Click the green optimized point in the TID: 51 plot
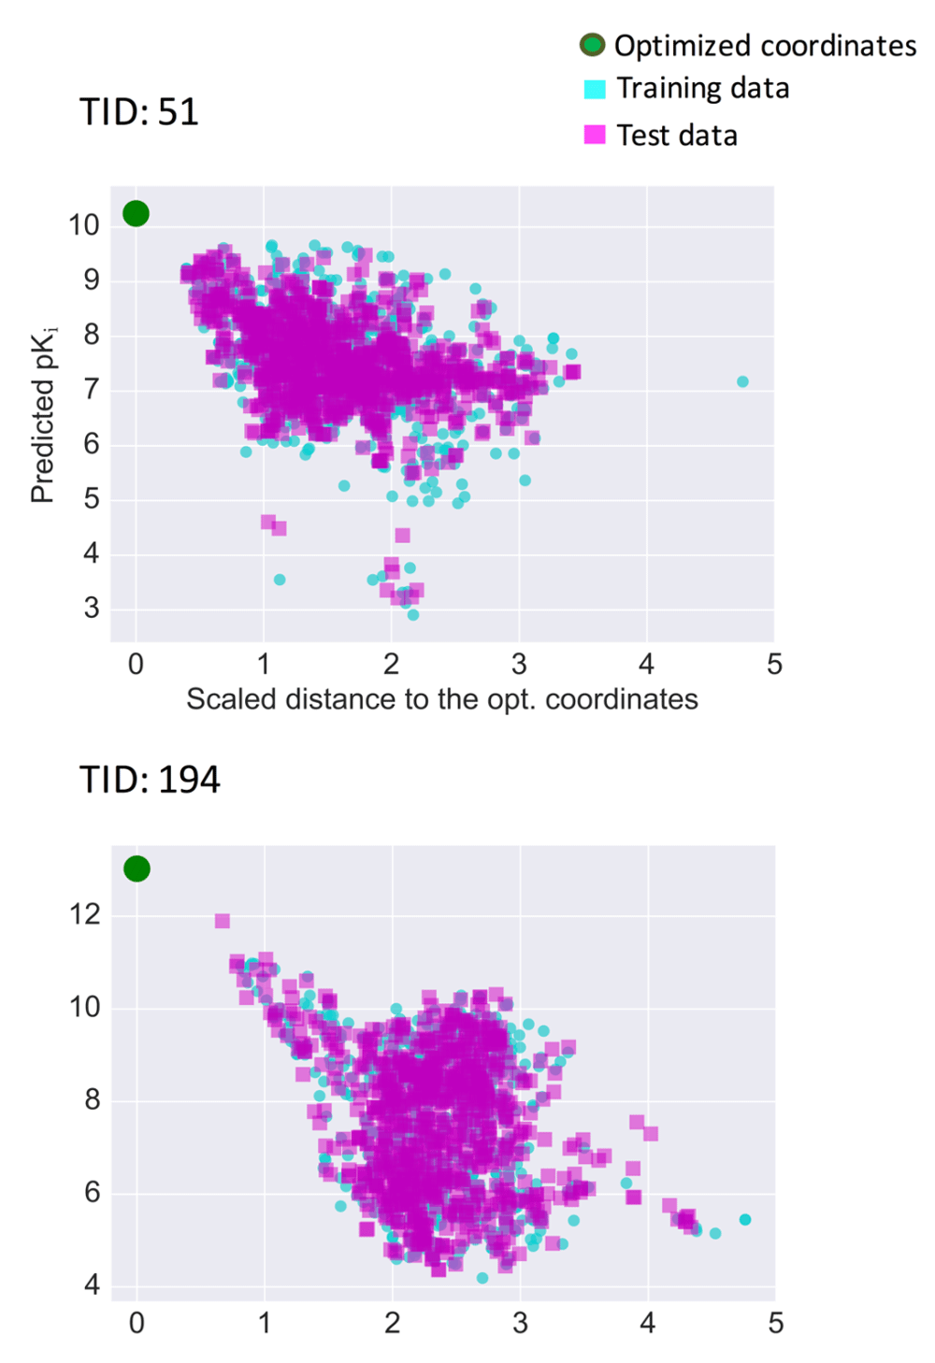pos(136,213)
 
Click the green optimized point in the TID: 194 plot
pos(137,868)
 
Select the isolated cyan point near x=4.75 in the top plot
pos(742,381)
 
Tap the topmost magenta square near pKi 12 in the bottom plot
pos(223,921)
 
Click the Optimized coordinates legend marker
pos(592,44)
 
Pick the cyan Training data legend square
pos(595,89)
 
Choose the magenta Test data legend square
pos(595,135)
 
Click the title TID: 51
pos(138,112)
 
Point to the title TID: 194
pos(150,780)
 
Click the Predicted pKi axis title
pos(43,414)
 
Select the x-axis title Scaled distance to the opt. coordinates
pos(441,699)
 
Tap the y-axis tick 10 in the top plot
pos(83,224)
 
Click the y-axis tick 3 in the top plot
pos(91,609)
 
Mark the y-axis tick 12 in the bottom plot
pos(84,914)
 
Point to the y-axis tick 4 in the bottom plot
pos(92,1284)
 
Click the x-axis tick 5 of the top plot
pos(774,665)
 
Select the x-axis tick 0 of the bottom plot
pos(137,1323)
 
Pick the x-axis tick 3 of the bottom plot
pos(520,1323)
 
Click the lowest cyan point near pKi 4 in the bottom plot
pos(482,1278)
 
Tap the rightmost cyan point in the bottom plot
pos(745,1219)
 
